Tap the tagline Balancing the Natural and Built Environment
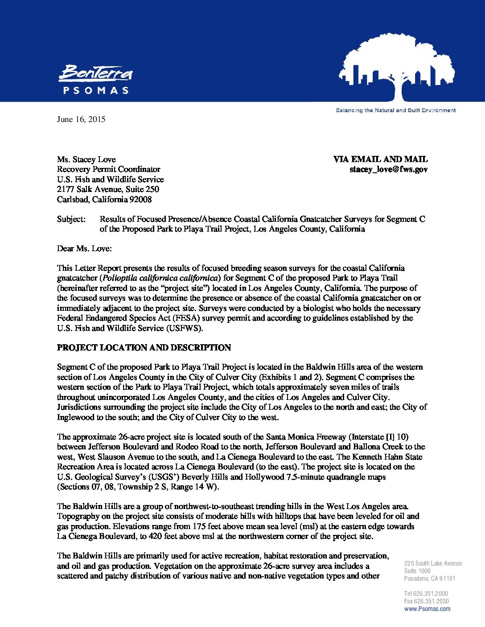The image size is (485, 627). [x=395, y=110]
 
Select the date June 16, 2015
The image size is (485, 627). [x=81, y=119]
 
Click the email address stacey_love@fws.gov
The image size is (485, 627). [x=388, y=170]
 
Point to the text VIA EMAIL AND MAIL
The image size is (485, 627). [x=380, y=159]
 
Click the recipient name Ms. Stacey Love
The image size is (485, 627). [x=86, y=159]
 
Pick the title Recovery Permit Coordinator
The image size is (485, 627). [x=108, y=170]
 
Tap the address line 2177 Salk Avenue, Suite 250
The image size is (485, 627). [x=108, y=189]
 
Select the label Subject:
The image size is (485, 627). [x=71, y=219]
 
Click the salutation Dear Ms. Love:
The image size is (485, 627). [x=84, y=248]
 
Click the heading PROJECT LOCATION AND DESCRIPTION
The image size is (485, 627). [x=144, y=348]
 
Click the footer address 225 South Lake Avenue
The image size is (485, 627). [x=433, y=563]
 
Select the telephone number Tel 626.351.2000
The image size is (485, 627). [x=426, y=594]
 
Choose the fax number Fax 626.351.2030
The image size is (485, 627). [x=426, y=601]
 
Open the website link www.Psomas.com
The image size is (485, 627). [x=427, y=609]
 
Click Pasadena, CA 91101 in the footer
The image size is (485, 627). [x=430, y=578]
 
